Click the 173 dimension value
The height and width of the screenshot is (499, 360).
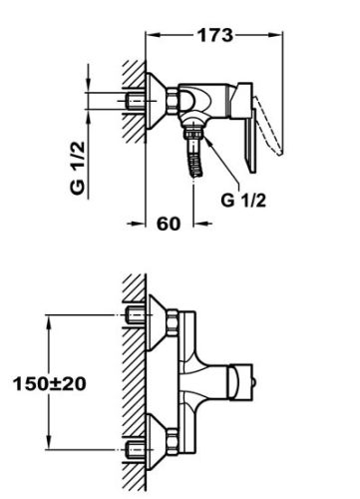click(215, 35)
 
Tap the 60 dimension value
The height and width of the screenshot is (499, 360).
click(169, 224)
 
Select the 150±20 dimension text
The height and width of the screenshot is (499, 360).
click(50, 383)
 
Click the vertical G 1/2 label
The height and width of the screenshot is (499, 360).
click(78, 168)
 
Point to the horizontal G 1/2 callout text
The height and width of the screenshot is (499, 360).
click(243, 201)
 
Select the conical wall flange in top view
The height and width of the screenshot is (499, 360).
click(156, 101)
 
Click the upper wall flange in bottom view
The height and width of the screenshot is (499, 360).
click(157, 322)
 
